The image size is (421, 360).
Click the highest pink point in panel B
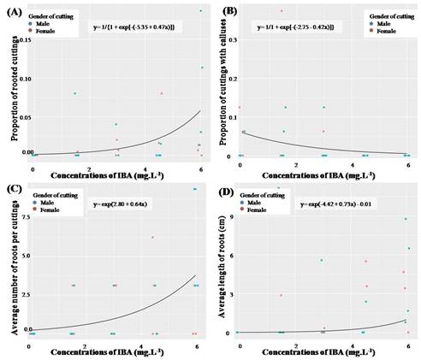point(305,10)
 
